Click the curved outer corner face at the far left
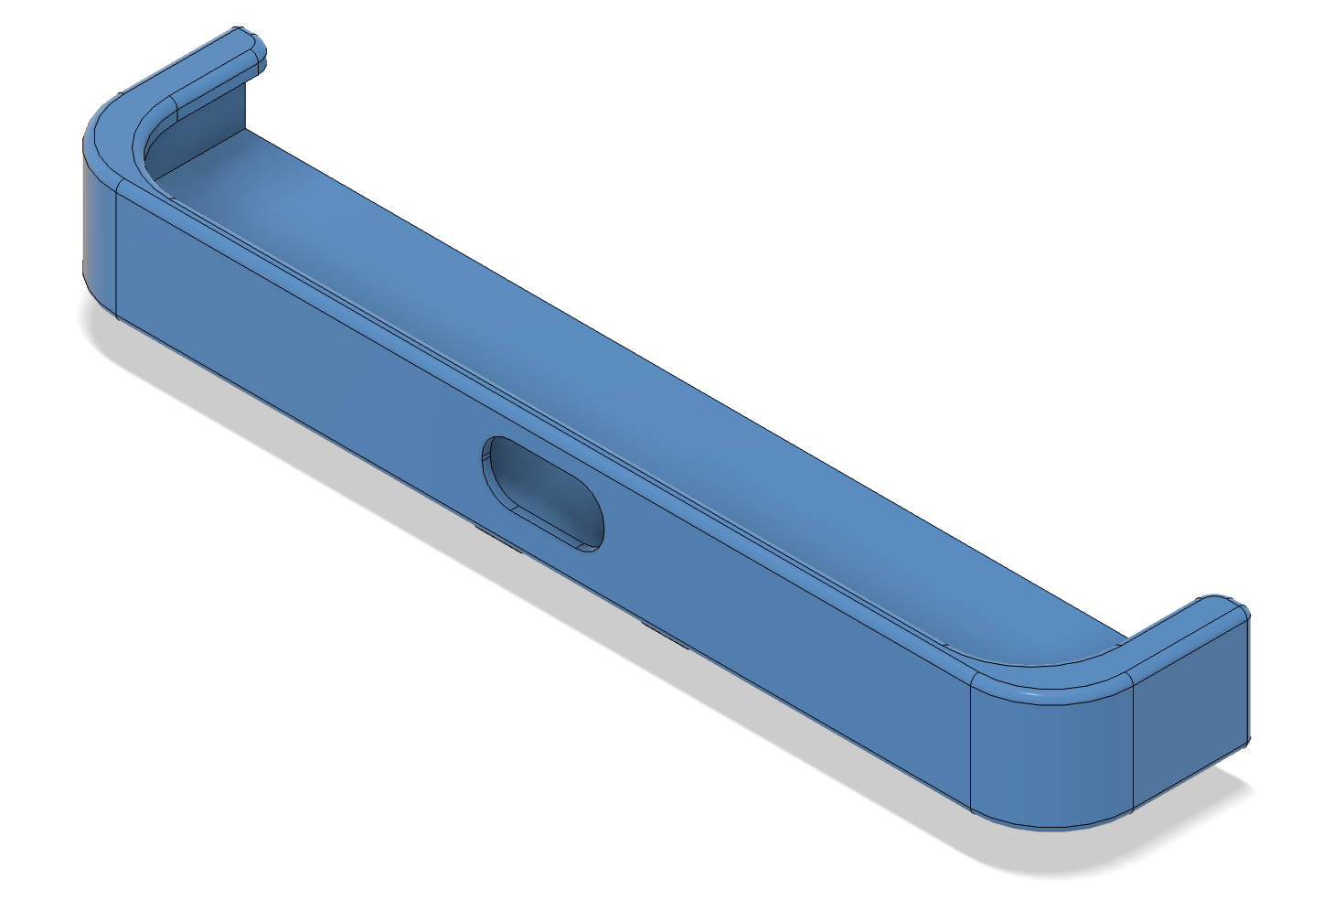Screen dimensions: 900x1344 (99, 229)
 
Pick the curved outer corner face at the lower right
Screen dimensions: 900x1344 (1051, 759)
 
